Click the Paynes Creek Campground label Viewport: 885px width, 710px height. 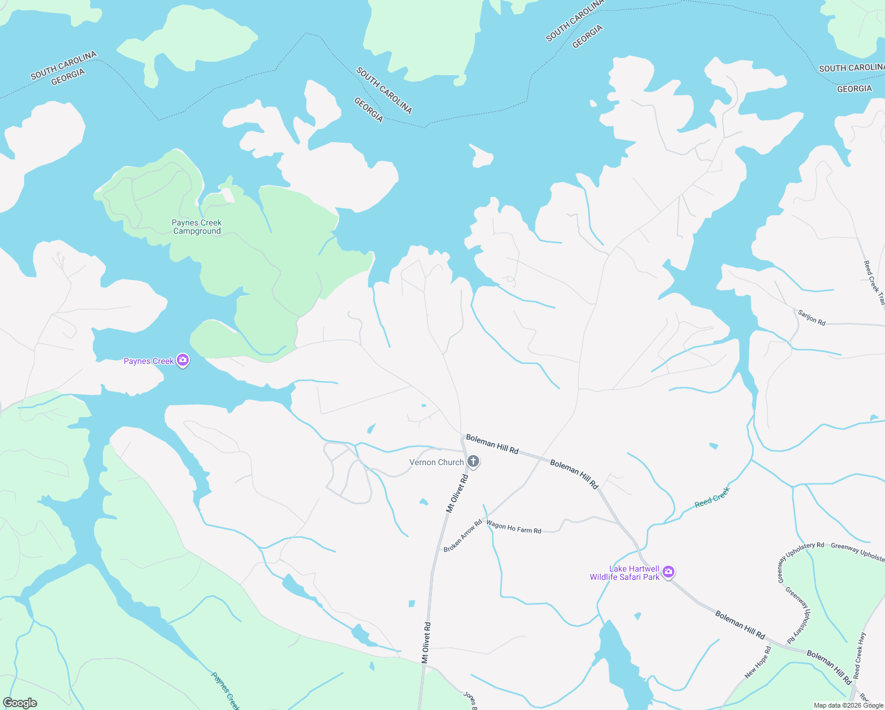pos(196,227)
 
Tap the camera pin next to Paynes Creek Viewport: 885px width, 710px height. pos(183,360)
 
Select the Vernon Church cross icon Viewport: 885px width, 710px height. pos(473,461)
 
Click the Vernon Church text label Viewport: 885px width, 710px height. pos(437,463)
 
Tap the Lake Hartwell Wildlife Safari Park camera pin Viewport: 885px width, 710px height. pos(668,572)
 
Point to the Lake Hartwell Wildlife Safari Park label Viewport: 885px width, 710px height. pos(625,573)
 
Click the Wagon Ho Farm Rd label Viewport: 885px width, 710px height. pos(513,528)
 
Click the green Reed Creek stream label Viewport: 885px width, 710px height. pos(712,497)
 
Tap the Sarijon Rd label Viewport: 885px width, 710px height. pos(811,318)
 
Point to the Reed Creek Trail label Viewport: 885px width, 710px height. pos(874,283)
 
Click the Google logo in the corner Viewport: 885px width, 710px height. pos(20,703)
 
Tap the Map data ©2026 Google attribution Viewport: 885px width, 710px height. pos(848,705)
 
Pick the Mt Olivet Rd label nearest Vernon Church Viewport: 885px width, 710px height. pos(457,493)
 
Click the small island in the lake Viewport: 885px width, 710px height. pos(482,156)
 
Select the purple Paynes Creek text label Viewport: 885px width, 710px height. pos(148,361)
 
